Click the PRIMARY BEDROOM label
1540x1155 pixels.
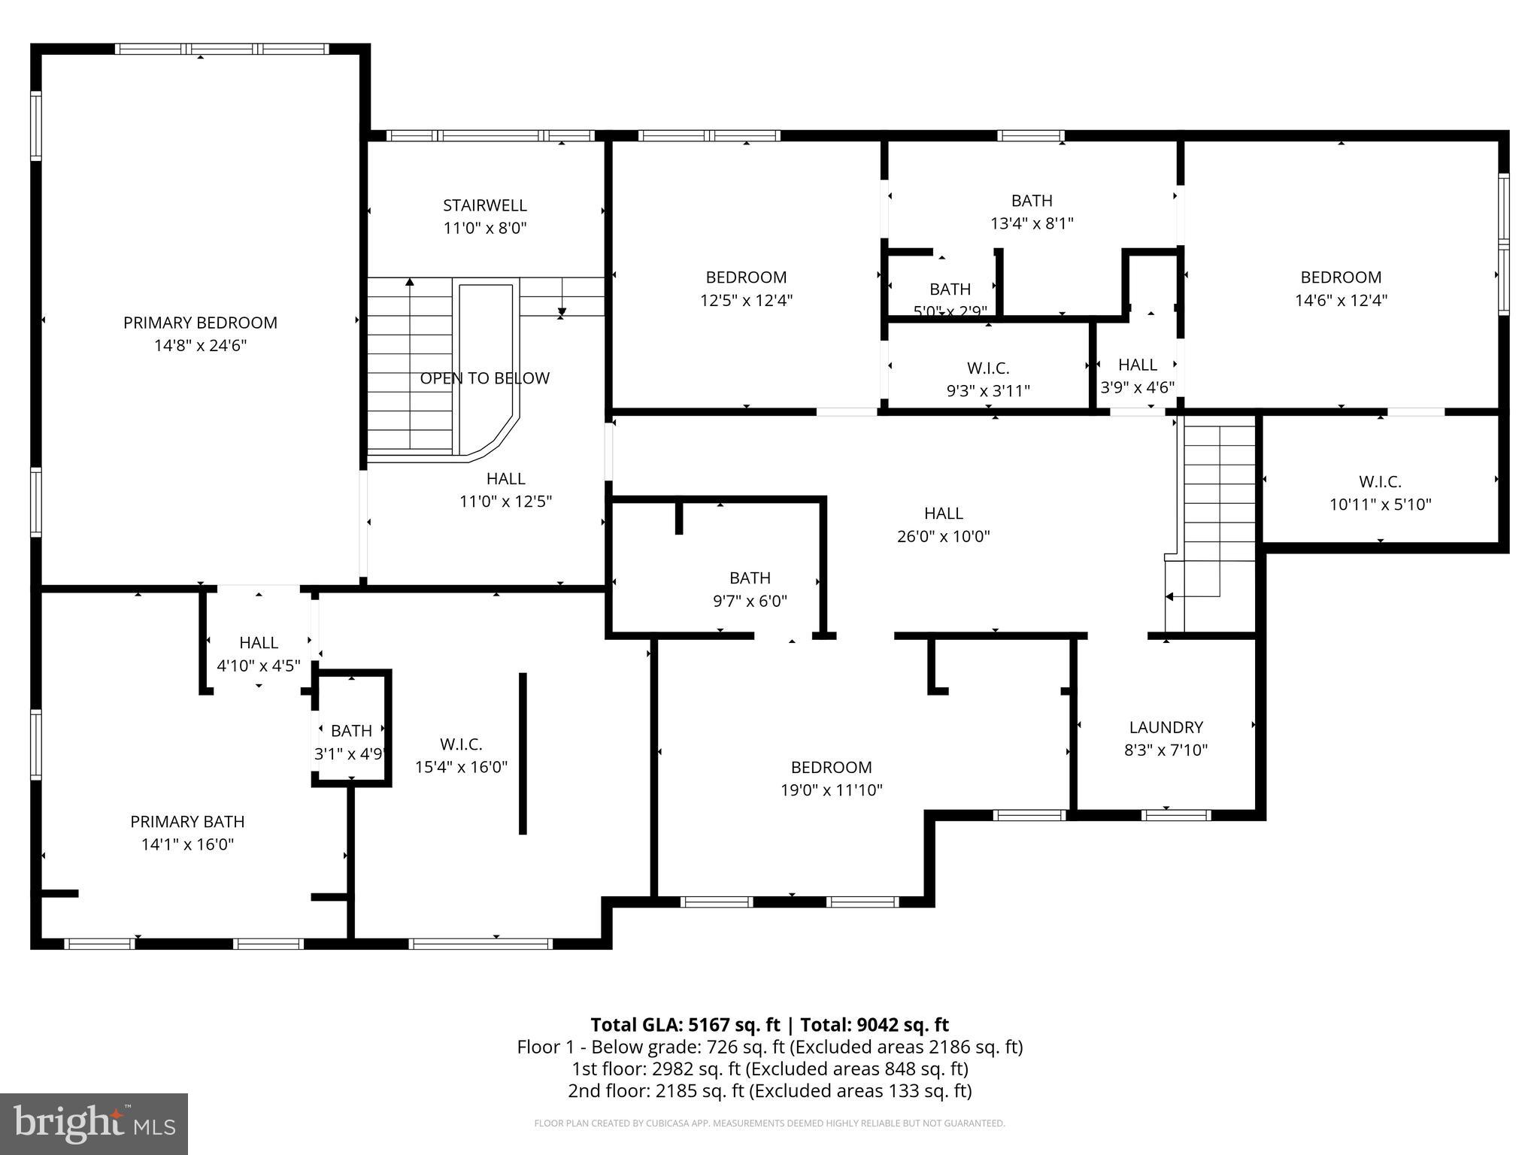coord(200,323)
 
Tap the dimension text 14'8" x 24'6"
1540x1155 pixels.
coord(200,346)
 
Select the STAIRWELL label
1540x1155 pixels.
coord(484,205)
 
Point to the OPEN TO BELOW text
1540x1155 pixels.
coord(484,378)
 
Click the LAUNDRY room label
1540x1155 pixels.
coord(1166,727)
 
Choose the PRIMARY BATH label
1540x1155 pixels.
coord(187,821)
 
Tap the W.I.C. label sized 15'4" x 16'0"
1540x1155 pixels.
coord(461,744)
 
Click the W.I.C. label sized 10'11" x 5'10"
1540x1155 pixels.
coord(1380,481)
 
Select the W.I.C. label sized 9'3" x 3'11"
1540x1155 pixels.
coord(987,368)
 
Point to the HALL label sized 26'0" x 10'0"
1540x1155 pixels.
coord(943,514)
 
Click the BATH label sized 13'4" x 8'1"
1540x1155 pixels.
coord(1032,201)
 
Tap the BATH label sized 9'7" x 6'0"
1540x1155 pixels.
coord(750,577)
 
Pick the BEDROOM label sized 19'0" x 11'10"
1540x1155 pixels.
coord(831,767)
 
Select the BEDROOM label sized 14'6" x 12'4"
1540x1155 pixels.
coord(1341,277)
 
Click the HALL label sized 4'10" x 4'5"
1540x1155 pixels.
coord(259,642)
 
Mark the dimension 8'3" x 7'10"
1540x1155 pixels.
coord(1166,750)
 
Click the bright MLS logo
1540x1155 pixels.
coord(94,1123)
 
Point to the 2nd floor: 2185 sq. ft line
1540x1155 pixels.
coord(769,1091)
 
